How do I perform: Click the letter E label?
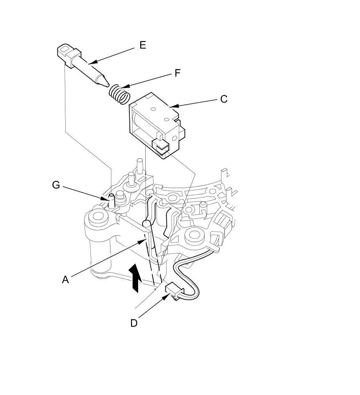143,45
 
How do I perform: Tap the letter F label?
177,73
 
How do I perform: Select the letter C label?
224,99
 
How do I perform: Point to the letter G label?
56,185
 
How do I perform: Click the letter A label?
65,279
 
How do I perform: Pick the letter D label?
134,323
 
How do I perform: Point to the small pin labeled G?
111,201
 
